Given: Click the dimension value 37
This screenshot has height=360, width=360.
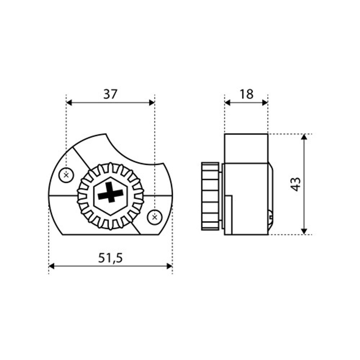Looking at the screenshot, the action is click(x=110, y=94).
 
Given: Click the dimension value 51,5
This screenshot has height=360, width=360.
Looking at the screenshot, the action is click(x=111, y=258).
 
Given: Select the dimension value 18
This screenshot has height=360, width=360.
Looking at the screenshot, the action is click(x=246, y=94).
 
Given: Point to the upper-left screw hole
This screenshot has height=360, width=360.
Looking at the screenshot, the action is click(x=66, y=176).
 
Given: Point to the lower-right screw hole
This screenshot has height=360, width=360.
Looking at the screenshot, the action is click(x=154, y=217).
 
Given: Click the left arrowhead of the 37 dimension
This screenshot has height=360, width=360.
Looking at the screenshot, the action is click(x=69, y=103).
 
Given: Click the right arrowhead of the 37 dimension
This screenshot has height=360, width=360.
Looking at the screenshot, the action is click(x=152, y=103).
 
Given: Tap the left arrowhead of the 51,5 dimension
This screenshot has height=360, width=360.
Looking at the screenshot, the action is click(x=51, y=266).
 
